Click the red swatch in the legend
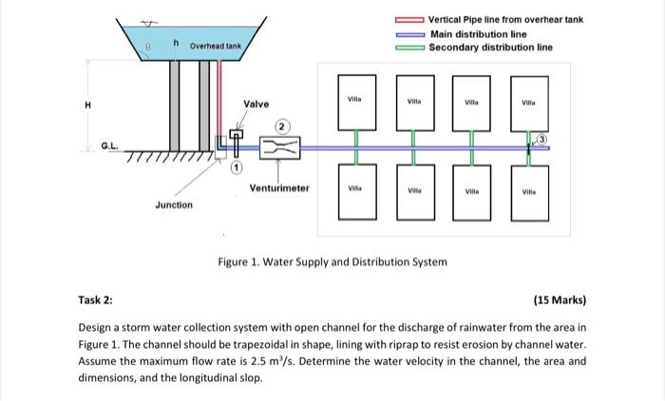tap(409, 20)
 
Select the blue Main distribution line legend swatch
tap(409, 33)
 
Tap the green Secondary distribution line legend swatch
tap(409, 47)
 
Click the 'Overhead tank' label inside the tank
tap(215, 45)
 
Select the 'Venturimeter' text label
tap(279, 188)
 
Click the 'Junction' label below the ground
tap(174, 205)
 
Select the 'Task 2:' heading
tap(95, 300)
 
